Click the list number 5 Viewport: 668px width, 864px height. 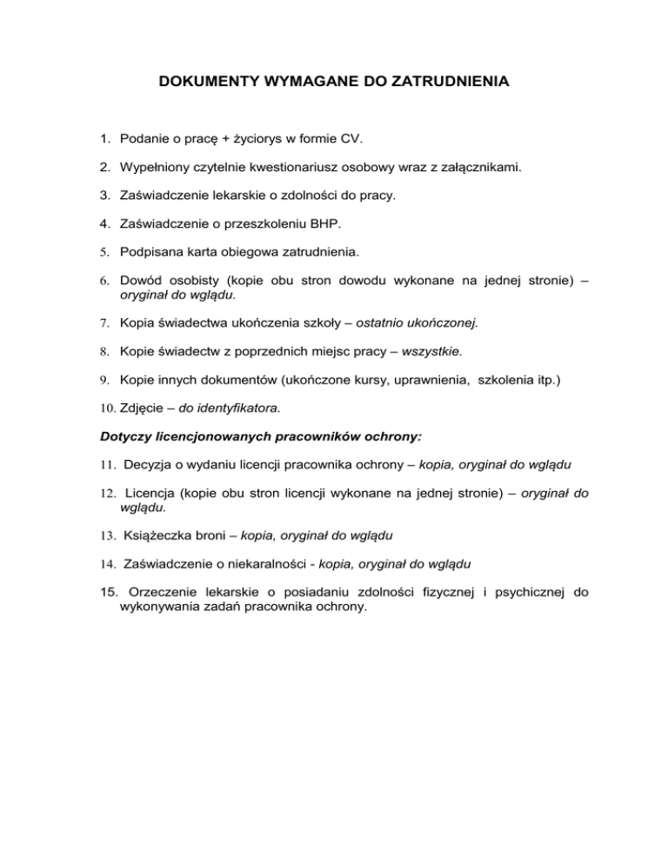pyautogui.click(x=103, y=254)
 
